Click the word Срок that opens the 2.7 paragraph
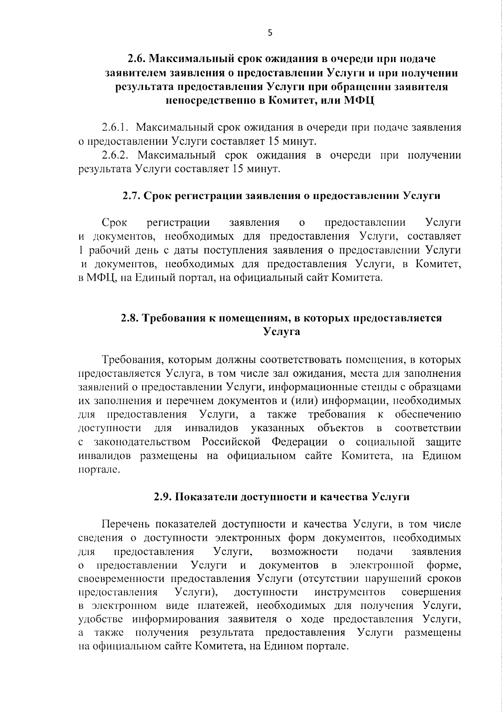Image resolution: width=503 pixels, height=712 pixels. [x=114, y=222]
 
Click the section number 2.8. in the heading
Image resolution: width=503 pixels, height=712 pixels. [x=131, y=318]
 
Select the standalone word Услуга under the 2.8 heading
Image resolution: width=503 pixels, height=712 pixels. [x=282, y=332]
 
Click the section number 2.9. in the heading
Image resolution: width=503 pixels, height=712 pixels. [x=163, y=497]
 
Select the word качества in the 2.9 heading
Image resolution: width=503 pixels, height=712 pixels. [x=344, y=497]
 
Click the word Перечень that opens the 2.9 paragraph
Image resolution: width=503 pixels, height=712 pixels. [x=126, y=524]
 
